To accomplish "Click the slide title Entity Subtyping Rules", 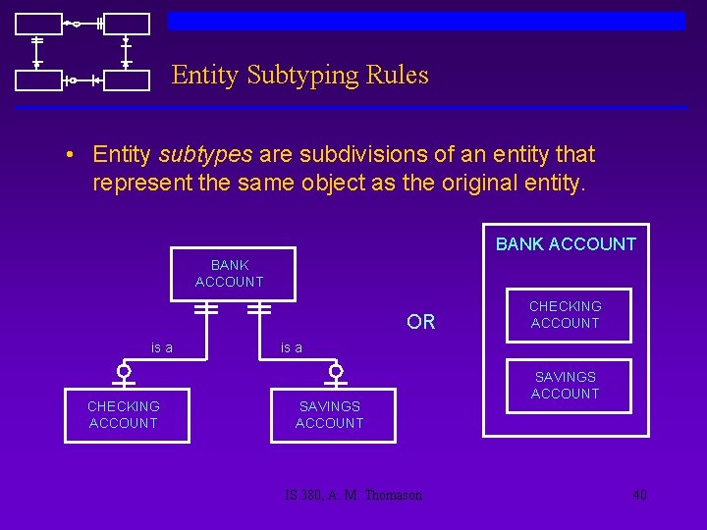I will point(299,76).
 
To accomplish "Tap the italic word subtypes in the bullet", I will point(205,155).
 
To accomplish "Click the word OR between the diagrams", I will point(420,323).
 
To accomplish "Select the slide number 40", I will point(639,495).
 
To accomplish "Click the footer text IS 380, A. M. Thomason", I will point(349,495).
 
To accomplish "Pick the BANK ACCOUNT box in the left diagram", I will point(230,274).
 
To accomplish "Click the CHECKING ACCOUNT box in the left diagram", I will point(124,414).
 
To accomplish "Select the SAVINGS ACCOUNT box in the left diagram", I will point(330,414).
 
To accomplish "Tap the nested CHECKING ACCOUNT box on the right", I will point(565,315).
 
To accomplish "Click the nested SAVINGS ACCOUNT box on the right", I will point(565,385).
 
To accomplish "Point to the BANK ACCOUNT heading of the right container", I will point(566,244).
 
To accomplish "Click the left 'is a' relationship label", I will point(162,346).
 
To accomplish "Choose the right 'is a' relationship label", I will point(292,346).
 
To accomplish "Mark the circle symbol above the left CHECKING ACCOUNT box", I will point(124,371).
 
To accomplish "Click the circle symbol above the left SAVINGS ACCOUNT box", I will point(336,371).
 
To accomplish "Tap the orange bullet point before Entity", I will point(72,156).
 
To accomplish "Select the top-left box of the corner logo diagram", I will point(39,25).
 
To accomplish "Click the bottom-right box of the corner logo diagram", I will point(127,79).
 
